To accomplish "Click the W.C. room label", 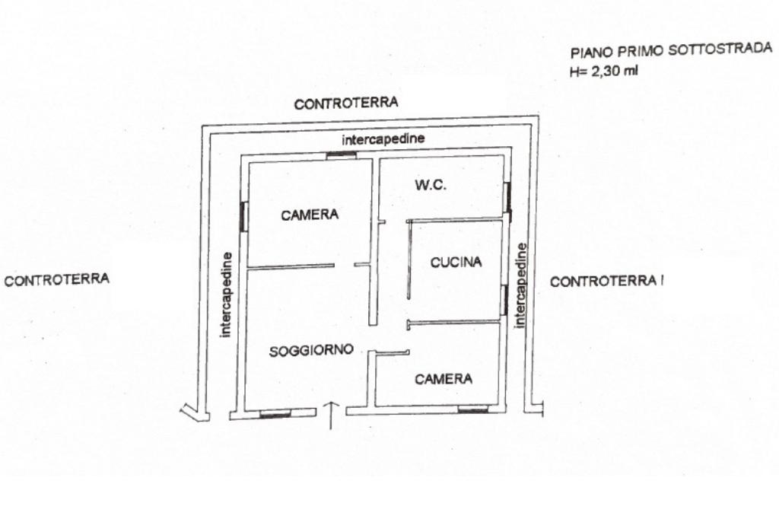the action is [430, 185].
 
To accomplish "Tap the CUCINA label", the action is [456, 263].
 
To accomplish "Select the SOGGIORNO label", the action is [311, 351].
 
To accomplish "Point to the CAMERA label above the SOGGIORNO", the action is [310, 215].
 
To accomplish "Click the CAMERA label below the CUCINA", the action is [444, 379].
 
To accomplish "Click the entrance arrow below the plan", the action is [331, 415].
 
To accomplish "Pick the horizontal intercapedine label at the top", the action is [383, 139].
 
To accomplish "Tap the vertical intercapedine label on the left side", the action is [225, 294].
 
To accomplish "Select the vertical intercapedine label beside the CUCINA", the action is [521, 285].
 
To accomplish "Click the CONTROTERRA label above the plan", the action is [346, 104].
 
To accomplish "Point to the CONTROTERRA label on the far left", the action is [57, 279].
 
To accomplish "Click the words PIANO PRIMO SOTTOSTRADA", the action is [671, 50].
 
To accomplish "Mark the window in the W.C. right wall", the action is [507, 198].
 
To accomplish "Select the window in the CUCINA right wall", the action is [504, 300].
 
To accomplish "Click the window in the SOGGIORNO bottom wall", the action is [275, 415].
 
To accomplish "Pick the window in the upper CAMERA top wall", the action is [342, 155].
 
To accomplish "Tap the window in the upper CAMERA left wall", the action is [243, 217].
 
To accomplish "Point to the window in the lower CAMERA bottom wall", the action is [473, 410].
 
